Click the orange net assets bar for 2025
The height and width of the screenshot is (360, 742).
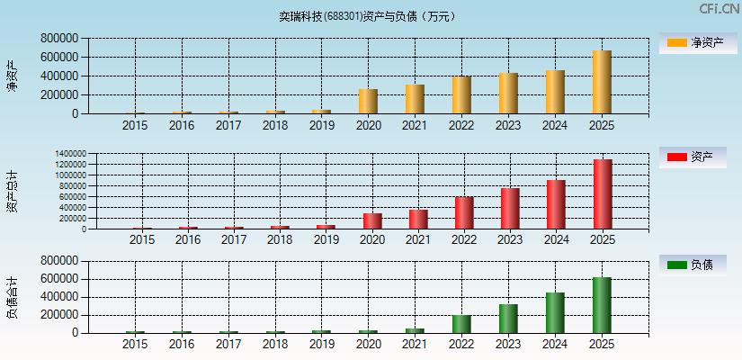click(602, 82)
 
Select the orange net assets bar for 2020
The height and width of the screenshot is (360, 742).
click(368, 102)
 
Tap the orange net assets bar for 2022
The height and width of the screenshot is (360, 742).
click(461, 95)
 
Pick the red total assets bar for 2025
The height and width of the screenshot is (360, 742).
click(603, 194)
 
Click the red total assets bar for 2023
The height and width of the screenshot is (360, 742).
click(510, 209)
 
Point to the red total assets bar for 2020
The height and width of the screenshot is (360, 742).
click(372, 221)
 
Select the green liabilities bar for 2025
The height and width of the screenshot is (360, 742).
click(602, 305)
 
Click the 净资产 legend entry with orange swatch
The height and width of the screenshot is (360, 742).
click(693, 42)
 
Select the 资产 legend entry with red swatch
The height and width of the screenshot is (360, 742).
click(693, 157)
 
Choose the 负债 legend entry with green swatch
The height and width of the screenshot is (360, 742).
click(693, 265)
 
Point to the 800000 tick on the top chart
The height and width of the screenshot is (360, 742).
click(59, 39)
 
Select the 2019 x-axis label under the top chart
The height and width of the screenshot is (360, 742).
click(321, 125)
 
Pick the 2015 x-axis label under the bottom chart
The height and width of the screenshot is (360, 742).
click(135, 344)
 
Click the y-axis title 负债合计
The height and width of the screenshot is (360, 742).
click(12, 298)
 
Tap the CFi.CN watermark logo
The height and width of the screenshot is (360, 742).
click(719, 9)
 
